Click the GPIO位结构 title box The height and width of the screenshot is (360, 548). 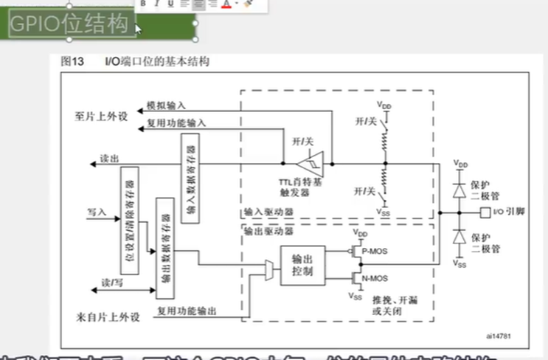[x=72, y=24]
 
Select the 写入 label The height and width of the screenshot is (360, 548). [x=96, y=212]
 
